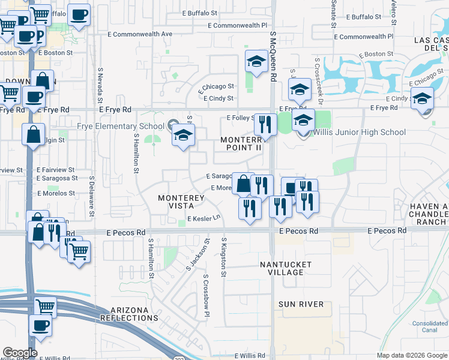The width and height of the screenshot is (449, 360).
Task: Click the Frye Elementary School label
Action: (121, 127)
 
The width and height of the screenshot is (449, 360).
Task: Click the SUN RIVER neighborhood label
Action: (301, 304)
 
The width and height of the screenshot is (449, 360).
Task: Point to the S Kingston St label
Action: (223, 257)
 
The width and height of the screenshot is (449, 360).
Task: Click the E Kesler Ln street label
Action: (204, 219)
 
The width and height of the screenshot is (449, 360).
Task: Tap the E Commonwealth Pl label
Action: (237, 26)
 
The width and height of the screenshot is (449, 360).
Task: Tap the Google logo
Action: (20, 353)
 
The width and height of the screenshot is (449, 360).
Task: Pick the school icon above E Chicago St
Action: (256, 61)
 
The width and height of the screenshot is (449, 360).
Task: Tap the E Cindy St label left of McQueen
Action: (218, 98)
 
